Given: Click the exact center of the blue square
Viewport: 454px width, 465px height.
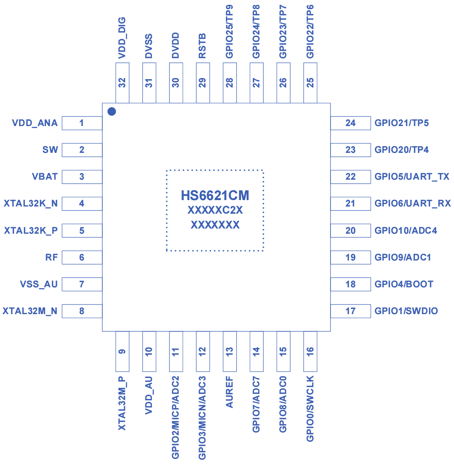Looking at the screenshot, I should (x=227, y=232).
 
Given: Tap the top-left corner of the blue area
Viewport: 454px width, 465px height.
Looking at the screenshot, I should (x=0, y=0).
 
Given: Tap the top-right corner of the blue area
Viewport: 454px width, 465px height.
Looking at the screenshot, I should (x=454, y=0).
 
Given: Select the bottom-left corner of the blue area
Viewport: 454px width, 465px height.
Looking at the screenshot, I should (x=0, y=465).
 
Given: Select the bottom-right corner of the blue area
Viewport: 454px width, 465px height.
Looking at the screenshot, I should (x=454, y=465).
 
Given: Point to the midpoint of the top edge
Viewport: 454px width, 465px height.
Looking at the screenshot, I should (x=227, y=0).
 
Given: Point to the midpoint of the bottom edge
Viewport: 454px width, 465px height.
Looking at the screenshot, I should (x=227, y=465).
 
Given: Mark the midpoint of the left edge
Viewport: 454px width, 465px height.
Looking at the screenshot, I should (x=0, y=232).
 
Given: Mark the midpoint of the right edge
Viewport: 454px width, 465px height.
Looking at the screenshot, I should (x=454, y=232).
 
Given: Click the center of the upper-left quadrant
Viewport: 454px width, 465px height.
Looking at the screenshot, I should (x=113, y=116).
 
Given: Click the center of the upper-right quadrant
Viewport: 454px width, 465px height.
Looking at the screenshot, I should (x=340, y=116).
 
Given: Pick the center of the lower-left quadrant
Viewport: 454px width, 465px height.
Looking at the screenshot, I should (x=113, y=349).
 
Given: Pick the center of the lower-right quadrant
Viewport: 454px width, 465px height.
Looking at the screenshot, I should (x=340, y=349).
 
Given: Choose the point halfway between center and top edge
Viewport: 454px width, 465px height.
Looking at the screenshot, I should (x=227, y=116).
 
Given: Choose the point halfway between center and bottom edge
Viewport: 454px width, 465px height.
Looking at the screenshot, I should (x=227, y=349).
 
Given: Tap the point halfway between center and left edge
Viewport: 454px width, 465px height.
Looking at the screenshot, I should (x=113, y=232).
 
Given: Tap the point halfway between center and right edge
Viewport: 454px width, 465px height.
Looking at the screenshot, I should (x=340, y=232).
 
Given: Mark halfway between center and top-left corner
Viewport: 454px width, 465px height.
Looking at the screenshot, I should (x=113, y=116).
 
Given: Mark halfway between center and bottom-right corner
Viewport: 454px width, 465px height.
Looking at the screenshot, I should (x=340, y=349).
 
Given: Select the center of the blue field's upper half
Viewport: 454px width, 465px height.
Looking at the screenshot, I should (x=227, y=116).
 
